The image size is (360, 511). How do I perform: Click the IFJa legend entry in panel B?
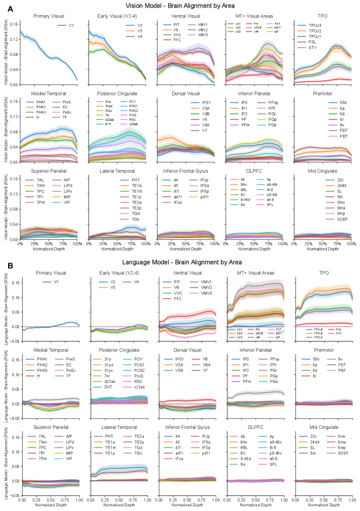point(178,459)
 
